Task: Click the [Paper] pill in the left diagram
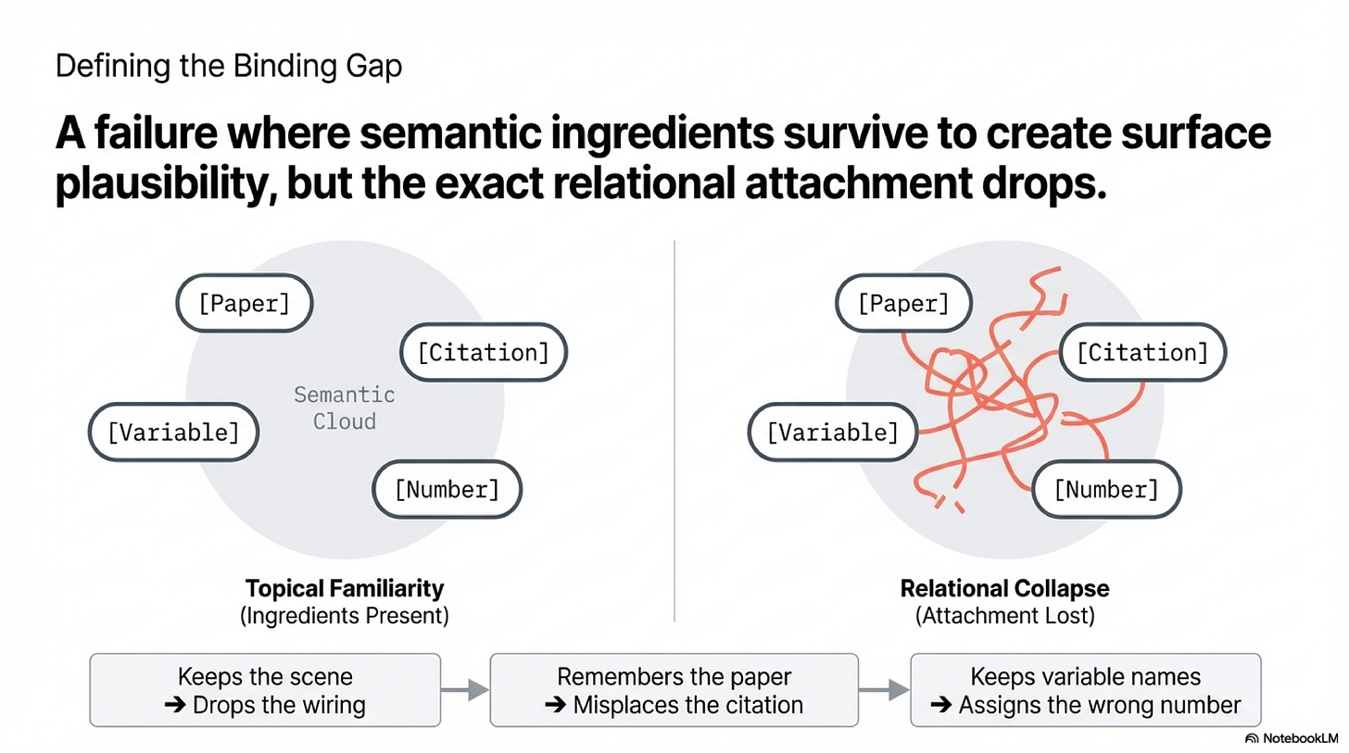pyautogui.click(x=245, y=303)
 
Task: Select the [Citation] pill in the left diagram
pyautogui.click(x=483, y=352)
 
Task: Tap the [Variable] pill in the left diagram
pyautogui.click(x=173, y=432)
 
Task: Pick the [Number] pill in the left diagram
pyautogui.click(x=447, y=489)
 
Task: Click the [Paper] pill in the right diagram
pyautogui.click(x=903, y=303)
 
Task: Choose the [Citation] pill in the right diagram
pyautogui.click(x=1142, y=352)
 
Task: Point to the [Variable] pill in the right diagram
pyautogui.click(x=832, y=432)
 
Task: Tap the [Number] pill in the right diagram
pyautogui.click(x=1106, y=489)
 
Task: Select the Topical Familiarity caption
pyautogui.click(x=344, y=588)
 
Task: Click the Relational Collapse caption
pyautogui.click(x=1004, y=588)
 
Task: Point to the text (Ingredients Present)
pyautogui.click(x=344, y=616)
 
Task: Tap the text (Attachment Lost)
pyautogui.click(x=1004, y=616)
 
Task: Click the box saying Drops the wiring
pyautogui.click(x=265, y=690)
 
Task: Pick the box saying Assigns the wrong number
pyautogui.click(x=1085, y=690)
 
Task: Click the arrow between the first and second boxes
pyautogui.click(x=464, y=690)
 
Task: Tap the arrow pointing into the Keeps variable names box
pyautogui.click(x=885, y=690)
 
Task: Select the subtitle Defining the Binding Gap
pyautogui.click(x=229, y=67)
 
